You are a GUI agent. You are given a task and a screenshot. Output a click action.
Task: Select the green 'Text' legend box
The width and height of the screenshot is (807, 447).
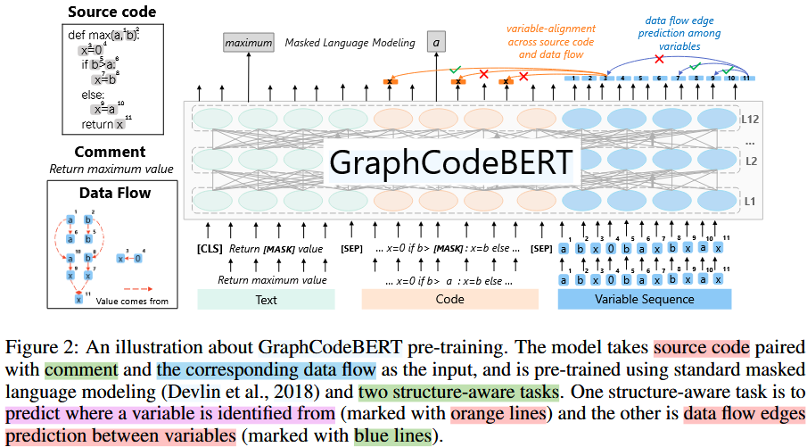pyautogui.click(x=267, y=300)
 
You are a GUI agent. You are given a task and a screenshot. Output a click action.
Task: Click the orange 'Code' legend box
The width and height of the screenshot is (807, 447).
pyautogui.click(x=449, y=300)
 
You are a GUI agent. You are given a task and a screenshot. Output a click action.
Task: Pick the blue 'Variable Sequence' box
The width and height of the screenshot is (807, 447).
pyautogui.click(x=644, y=300)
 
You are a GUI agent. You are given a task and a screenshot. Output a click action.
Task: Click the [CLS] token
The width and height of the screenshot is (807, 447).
pyautogui.click(x=210, y=248)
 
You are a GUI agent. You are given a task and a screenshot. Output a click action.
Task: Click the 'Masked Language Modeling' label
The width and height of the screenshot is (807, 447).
pyautogui.click(x=350, y=43)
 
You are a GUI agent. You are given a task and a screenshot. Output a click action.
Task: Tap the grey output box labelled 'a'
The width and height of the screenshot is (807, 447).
pyautogui.click(x=436, y=42)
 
